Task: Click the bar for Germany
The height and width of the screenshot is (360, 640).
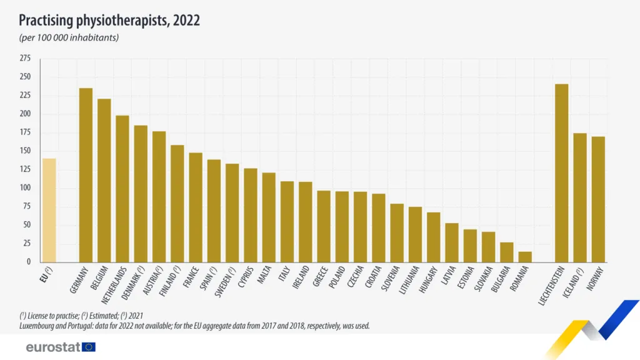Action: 86,175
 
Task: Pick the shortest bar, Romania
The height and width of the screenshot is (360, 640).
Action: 525,257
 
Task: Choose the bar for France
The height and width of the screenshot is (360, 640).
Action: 196,207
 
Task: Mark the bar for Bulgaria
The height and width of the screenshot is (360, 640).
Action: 507,252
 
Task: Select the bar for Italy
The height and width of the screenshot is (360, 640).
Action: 287,222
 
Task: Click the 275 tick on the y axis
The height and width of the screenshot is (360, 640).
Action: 25,58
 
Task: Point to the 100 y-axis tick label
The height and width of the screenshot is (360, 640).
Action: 25,187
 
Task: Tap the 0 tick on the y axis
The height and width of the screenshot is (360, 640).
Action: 28,261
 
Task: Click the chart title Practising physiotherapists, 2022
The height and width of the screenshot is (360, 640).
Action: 109,21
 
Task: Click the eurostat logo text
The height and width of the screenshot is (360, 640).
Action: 52,347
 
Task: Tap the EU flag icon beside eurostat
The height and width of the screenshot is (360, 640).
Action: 89,347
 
